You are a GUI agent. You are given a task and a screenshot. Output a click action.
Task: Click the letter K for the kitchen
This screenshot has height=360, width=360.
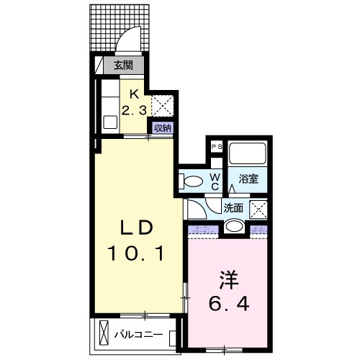(x=134, y=92)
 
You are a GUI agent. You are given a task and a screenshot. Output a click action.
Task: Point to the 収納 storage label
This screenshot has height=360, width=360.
(x=162, y=127)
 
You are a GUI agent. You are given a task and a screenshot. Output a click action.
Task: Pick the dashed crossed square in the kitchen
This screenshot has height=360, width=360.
(x=162, y=106)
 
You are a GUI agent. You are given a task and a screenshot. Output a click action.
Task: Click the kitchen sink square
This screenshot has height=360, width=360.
(x=110, y=121)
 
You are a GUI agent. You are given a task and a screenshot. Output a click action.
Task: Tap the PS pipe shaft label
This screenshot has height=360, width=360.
(x=215, y=146)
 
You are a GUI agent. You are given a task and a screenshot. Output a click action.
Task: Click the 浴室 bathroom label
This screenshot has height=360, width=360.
(x=248, y=179)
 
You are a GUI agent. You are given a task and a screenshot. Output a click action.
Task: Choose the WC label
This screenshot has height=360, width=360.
(x=215, y=181)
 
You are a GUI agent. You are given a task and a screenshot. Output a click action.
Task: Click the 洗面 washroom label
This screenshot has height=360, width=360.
(x=234, y=207)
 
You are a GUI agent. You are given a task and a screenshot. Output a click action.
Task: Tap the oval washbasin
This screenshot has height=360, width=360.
(x=234, y=227)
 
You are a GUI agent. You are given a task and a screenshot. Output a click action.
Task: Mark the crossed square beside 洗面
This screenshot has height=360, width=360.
(x=259, y=209)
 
